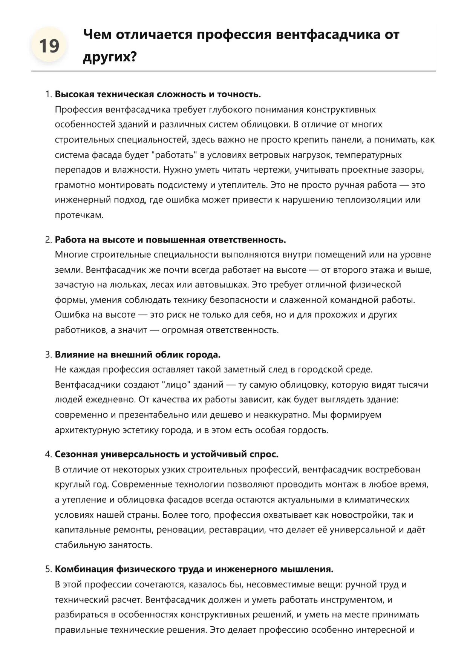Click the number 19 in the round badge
(49, 46)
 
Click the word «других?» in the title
(109, 57)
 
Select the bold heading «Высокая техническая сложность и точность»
(158, 94)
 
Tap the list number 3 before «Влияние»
(48, 354)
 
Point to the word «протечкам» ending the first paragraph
(79, 215)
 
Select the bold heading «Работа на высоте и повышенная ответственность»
(170, 240)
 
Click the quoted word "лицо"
(176, 385)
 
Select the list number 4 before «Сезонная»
(48, 454)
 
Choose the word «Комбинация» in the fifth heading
(84, 569)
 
